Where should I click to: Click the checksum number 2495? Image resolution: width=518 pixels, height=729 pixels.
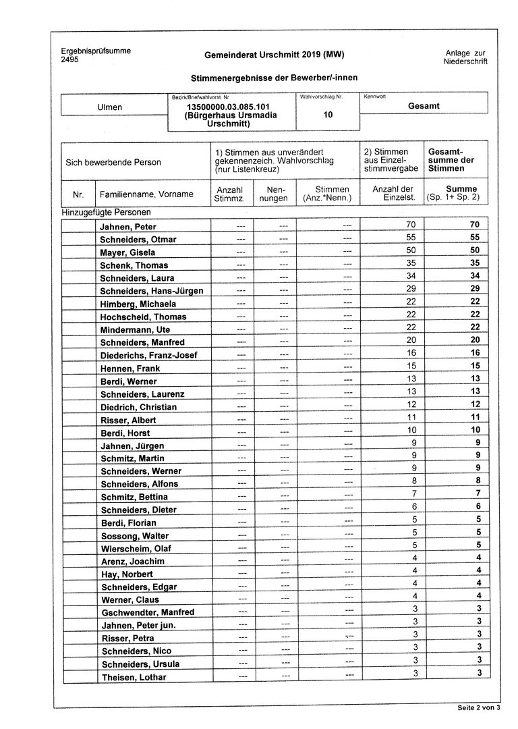pyautogui.click(x=69, y=60)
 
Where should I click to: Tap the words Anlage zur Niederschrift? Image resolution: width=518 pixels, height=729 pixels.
pyautogui.click(x=465, y=57)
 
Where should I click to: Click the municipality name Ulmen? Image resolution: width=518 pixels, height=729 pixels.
pyautogui.click(x=110, y=107)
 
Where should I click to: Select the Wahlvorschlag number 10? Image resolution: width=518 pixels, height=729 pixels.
pyautogui.click(x=328, y=115)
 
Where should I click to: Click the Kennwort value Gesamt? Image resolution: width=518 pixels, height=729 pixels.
pyautogui.click(x=424, y=106)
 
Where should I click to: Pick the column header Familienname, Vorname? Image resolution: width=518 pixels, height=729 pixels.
pyautogui.click(x=146, y=194)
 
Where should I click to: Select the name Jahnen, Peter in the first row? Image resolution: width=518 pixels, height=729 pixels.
pyautogui.click(x=128, y=226)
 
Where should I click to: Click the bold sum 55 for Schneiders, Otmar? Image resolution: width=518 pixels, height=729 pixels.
pyautogui.click(x=474, y=238)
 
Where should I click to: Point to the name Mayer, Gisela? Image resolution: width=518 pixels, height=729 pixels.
pyautogui.click(x=127, y=252)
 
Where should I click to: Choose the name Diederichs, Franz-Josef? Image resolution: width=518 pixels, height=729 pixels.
pyautogui.click(x=149, y=356)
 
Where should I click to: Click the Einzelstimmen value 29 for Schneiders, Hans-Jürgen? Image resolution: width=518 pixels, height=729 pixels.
pyautogui.click(x=411, y=290)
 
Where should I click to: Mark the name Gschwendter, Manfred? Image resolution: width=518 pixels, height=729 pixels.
pyautogui.click(x=147, y=612)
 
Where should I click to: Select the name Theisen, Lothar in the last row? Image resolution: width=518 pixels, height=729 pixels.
pyautogui.click(x=133, y=677)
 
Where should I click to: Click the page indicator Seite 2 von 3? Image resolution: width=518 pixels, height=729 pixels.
pyautogui.click(x=478, y=708)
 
